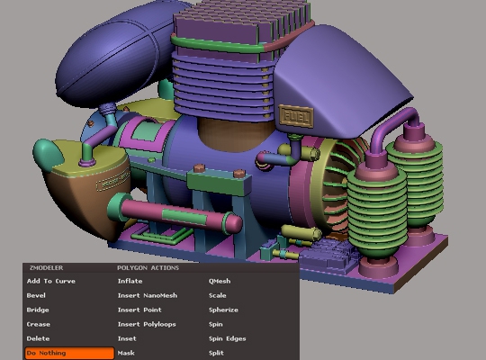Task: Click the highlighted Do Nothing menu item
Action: [x=69, y=353]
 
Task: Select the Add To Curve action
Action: [x=51, y=281]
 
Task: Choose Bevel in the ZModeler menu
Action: [x=36, y=295]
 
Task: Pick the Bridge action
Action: [x=38, y=310]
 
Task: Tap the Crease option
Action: [x=39, y=324]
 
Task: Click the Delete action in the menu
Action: [x=38, y=338]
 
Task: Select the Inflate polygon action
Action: [x=130, y=281]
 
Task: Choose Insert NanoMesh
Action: [x=148, y=295]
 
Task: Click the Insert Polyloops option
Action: [x=147, y=324]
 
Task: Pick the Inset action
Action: [x=127, y=338]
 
